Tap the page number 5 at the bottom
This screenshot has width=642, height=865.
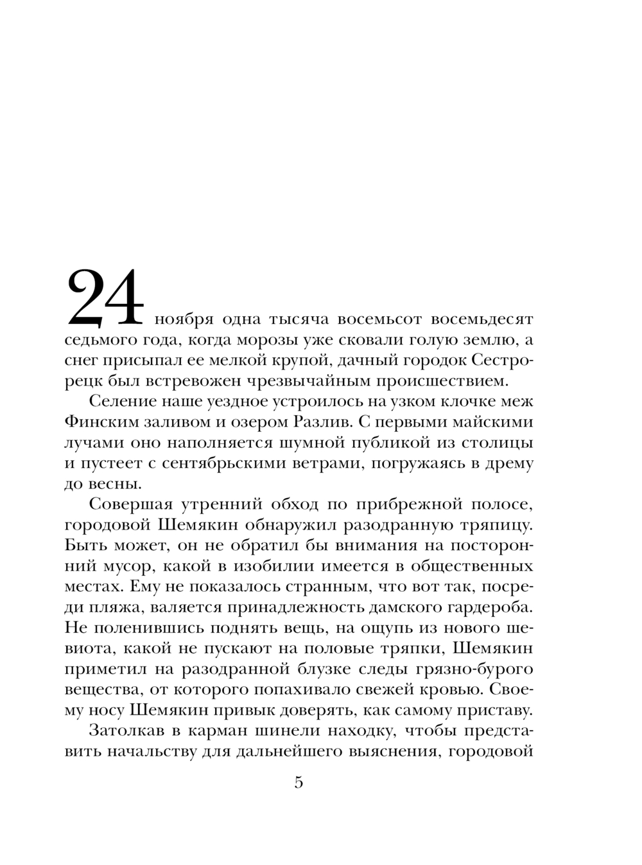coord(298,783)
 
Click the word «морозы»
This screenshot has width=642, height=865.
coord(272,340)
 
